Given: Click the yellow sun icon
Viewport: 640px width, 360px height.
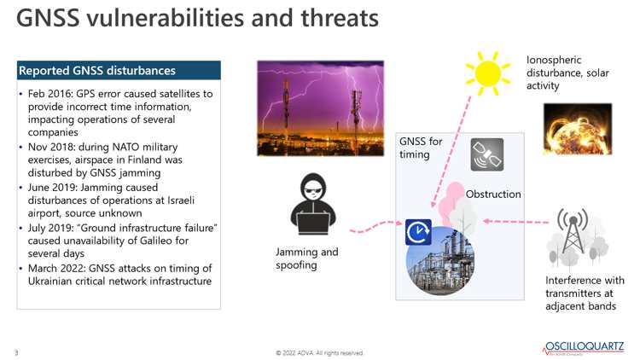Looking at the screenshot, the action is [488, 73].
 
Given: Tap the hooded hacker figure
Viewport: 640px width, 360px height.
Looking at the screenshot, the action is [313, 204].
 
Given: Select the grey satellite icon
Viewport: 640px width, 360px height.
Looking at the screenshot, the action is [487, 154].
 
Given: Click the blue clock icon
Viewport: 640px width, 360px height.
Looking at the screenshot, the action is [418, 232].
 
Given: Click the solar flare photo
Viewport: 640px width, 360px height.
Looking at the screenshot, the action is [578, 129].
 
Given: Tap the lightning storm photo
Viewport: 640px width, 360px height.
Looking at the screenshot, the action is [320, 108].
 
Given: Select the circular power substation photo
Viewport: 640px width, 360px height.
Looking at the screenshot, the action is [441, 261].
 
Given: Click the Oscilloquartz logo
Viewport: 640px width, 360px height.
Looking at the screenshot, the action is [584, 348].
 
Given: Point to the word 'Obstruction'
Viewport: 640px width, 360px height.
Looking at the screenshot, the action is [493, 195].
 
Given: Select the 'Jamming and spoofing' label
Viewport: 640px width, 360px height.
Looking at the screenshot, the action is [307, 258].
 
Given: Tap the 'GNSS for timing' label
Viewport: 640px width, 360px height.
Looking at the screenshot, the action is [421, 148].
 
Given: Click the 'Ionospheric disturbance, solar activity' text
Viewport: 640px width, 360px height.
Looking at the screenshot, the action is [567, 73].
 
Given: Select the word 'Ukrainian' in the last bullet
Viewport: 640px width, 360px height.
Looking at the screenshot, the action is [49, 282].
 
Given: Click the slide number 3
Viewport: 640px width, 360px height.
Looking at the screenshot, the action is [17, 352].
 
